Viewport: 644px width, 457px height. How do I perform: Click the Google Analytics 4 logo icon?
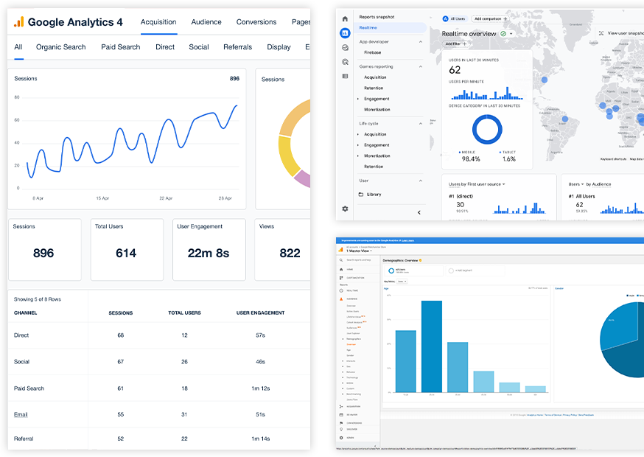coord(18,22)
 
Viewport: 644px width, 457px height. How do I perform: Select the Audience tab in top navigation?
coord(206,22)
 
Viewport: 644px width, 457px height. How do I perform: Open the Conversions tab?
coord(256,22)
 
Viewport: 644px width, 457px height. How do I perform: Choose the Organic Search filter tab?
coord(61,47)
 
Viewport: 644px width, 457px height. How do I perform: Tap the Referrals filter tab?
coord(237,47)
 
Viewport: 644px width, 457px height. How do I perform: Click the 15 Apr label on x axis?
coord(102,198)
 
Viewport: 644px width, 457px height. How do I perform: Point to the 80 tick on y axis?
coord(16,97)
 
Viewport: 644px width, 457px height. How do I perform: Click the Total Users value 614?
coord(126,253)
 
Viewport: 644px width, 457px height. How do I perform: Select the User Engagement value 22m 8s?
coord(208,253)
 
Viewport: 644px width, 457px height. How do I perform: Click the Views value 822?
coord(290,253)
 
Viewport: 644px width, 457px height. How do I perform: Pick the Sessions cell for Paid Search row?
coord(121,388)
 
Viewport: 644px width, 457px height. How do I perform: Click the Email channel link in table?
coord(21,415)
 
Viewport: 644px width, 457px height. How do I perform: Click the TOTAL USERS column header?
coord(184,313)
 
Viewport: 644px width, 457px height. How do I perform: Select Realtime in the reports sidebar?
coord(368,28)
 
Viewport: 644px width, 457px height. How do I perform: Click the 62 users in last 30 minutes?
coord(455,70)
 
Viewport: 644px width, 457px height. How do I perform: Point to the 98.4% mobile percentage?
coord(470,158)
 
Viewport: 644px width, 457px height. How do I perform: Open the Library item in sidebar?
coord(374,195)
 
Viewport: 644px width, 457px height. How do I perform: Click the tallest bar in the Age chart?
coord(432,346)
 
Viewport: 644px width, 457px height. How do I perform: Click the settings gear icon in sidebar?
coord(345,209)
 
